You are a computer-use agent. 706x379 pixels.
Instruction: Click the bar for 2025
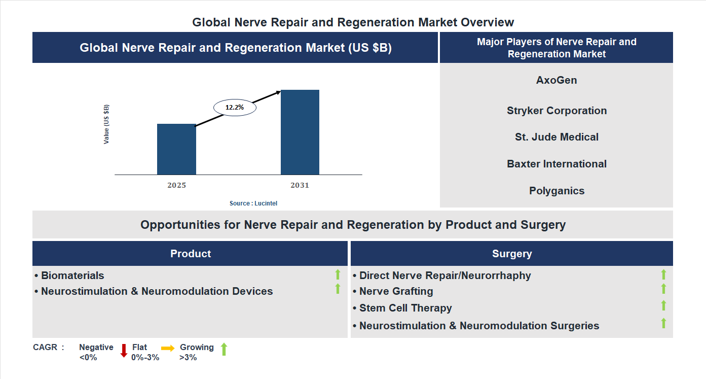pos(176,149)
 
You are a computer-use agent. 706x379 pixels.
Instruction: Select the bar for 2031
pos(300,132)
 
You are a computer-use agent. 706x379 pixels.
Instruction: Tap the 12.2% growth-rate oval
pos(235,108)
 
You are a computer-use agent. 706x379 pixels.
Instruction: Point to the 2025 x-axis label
pos(176,185)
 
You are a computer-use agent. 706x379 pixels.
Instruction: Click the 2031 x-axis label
pos(300,185)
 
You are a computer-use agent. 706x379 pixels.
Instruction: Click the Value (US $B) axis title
pos(106,124)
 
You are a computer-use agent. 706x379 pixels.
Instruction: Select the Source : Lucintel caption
pos(253,203)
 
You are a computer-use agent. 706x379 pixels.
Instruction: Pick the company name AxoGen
pos(556,80)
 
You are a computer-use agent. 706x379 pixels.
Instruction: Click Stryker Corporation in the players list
pos(556,111)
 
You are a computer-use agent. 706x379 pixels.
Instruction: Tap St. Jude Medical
pos(556,137)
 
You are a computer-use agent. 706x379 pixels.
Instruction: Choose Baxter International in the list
pos(556,164)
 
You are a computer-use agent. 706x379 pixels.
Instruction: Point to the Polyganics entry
pos(556,191)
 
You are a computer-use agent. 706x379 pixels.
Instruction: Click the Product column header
pos(191,254)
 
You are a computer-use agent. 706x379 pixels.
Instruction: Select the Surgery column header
pos(512,254)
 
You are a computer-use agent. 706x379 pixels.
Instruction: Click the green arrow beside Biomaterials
pos(338,275)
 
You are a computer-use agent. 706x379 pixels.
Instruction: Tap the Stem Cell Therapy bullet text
pos(405,308)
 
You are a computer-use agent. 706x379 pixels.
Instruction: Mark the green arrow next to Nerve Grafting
pos(663,289)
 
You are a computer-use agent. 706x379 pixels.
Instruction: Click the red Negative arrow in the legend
pos(124,351)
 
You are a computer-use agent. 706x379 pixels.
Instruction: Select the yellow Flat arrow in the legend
pos(168,348)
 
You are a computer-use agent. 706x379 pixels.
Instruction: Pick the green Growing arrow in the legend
pos(224,349)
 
